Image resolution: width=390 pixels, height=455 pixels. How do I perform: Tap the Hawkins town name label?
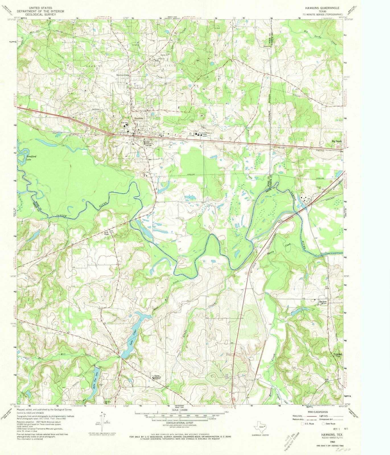point(139,118)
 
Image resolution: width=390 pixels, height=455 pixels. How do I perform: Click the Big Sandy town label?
point(337,141)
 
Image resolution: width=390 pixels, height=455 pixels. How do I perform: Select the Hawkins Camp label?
point(123,75)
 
